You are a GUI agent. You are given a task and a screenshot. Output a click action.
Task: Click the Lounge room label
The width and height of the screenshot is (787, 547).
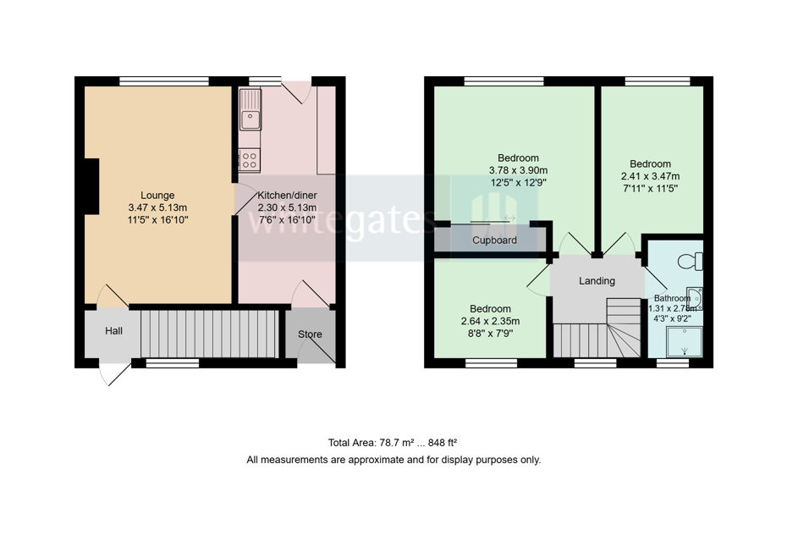pyautogui.click(x=157, y=195)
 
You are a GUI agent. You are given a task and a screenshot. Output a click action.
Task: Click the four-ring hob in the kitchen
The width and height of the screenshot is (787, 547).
pyautogui.click(x=250, y=157)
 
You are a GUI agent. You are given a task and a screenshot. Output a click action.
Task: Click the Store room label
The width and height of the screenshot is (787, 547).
pyautogui.click(x=310, y=334)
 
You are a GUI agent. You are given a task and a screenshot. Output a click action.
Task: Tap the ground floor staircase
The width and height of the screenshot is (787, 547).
pyautogui.click(x=208, y=334)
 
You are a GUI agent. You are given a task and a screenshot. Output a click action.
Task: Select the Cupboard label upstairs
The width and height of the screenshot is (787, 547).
pyautogui.click(x=494, y=240)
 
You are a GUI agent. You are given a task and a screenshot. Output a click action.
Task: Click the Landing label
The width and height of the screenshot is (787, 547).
pyautogui.click(x=597, y=281)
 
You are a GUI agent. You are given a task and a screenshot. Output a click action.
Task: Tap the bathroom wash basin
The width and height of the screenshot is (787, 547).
pyautogui.click(x=695, y=299)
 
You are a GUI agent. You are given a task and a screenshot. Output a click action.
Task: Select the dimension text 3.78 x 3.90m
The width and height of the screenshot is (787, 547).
pyautogui.click(x=518, y=170)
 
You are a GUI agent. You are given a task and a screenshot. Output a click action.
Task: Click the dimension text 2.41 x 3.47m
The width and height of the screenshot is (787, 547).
pyautogui.click(x=650, y=176)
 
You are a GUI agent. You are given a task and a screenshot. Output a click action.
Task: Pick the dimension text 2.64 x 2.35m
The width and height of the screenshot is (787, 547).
pyautogui.click(x=490, y=321)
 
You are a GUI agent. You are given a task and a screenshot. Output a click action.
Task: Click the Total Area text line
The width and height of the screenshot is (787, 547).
pyautogui.click(x=393, y=443)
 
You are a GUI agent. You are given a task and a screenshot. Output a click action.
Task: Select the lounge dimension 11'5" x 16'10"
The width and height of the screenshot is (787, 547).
pyautogui.click(x=157, y=219)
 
